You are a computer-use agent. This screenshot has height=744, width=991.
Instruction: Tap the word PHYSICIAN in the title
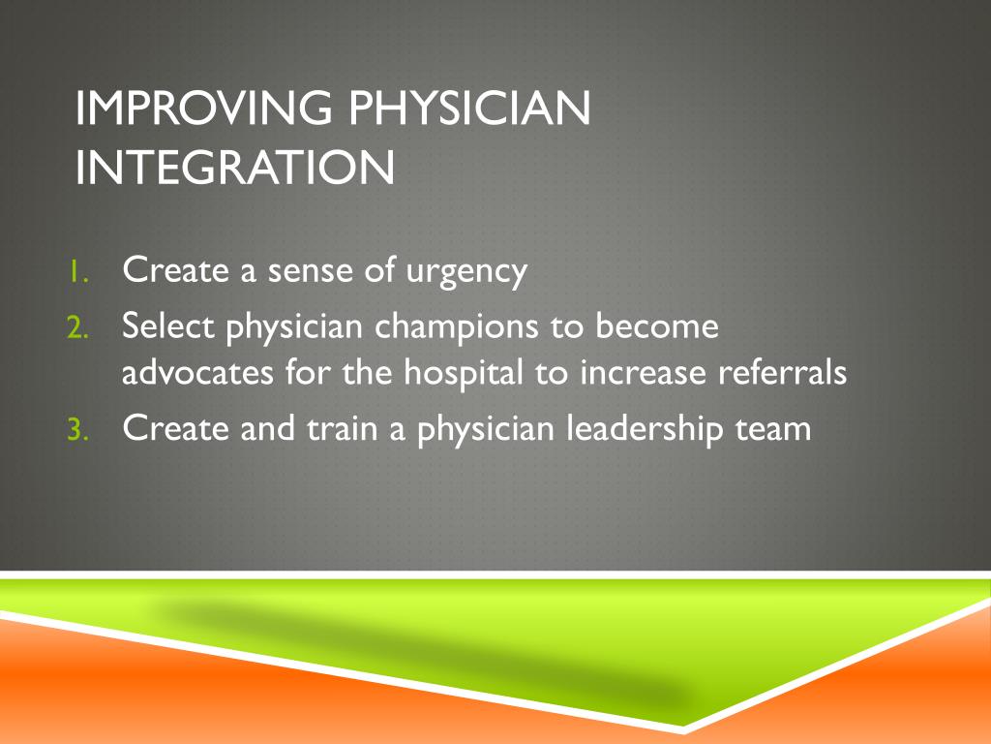(469, 108)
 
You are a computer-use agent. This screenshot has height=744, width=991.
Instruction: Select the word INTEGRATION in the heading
(235, 167)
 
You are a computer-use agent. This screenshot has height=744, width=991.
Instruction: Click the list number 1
(78, 273)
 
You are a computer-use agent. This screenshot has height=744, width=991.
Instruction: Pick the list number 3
(78, 430)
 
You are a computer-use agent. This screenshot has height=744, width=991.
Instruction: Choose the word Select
(168, 327)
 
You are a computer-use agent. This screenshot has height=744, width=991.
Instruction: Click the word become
(657, 327)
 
